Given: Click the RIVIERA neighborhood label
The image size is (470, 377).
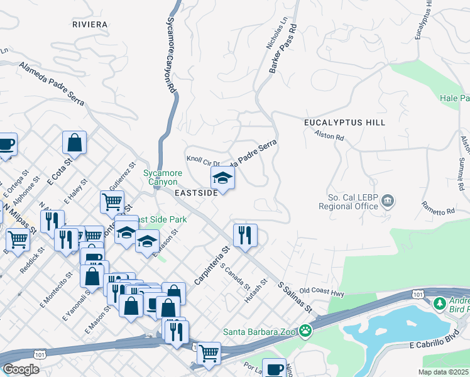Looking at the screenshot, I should click(90, 24).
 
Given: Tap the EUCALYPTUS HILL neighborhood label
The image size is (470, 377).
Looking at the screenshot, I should click(344, 122).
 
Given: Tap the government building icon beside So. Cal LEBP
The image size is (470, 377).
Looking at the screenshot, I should click(388, 201).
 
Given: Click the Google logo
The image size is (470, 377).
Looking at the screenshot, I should click(21, 369).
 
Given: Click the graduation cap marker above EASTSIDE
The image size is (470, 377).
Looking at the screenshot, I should click(222, 178).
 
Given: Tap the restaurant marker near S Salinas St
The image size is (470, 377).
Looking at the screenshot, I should click(244, 236).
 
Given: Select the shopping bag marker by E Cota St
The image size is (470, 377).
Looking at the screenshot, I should click(74, 142).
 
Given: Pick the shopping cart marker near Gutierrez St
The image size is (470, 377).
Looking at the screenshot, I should click(112, 202).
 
